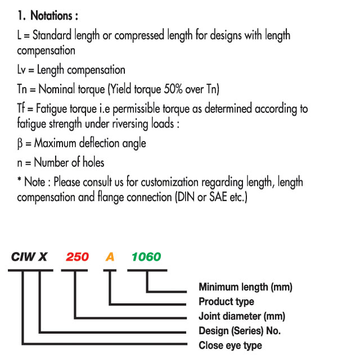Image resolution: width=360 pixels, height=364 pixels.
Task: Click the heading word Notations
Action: (51, 16)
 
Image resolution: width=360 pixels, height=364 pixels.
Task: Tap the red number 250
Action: (77, 257)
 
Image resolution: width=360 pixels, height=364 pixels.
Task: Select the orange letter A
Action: (110, 257)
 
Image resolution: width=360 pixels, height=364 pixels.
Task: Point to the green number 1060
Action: (146, 257)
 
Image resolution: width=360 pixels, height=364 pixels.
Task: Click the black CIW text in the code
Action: (22, 257)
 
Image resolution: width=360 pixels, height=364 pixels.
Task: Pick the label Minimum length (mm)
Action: (245, 287)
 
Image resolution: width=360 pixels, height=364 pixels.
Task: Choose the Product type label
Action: (226, 302)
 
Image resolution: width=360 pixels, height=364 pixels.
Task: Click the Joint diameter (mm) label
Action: (242, 316)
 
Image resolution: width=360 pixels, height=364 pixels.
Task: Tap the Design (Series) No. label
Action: (240, 331)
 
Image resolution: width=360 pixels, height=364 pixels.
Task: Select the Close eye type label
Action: (230, 345)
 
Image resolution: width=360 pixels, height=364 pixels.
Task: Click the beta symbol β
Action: (20, 143)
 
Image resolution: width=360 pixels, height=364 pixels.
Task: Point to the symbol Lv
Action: (21, 70)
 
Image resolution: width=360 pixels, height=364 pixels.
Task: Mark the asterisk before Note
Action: (20, 179)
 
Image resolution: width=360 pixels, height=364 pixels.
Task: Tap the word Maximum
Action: (55, 143)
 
